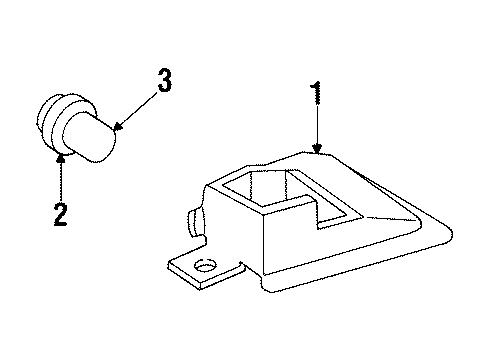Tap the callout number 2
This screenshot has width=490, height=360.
tap(60, 214)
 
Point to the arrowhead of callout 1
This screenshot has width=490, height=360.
tap(317, 150)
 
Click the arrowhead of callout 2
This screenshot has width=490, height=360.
tap(61, 157)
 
